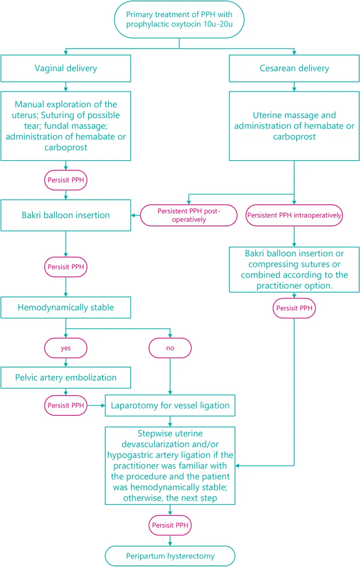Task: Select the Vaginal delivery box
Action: pos(66,69)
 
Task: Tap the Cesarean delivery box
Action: pos(294,69)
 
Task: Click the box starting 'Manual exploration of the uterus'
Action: pos(66,126)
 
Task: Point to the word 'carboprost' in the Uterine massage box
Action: pos(294,136)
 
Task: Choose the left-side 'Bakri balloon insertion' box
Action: pos(66,215)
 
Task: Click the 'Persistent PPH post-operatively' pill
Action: pos(189,215)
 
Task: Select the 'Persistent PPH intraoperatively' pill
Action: pos(294,215)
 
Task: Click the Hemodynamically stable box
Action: pos(66,308)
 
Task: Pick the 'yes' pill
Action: pos(66,348)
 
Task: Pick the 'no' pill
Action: pos(170,348)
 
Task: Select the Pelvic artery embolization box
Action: pos(66,378)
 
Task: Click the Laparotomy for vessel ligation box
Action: pos(170,405)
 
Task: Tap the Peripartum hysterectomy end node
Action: pos(170,556)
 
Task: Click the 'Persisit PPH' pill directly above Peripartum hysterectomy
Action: pos(170,525)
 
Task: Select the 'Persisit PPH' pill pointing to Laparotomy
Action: pos(66,405)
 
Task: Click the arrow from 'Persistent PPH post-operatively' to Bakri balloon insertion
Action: pos(135,215)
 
